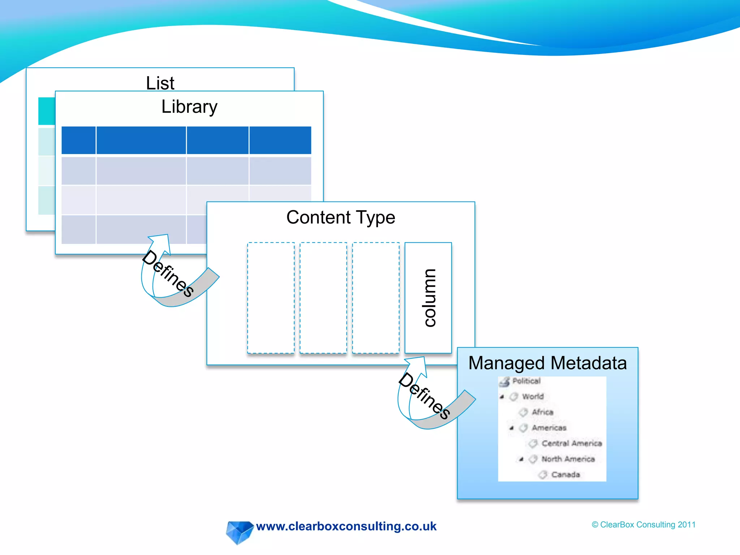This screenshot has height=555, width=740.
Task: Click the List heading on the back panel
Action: pyautogui.click(x=160, y=83)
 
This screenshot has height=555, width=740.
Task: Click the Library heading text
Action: pyautogui.click(x=189, y=107)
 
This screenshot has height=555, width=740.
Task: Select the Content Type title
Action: pyautogui.click(x=340, y=218)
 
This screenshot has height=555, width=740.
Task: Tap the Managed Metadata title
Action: pyautogui.click(x=547, y=363)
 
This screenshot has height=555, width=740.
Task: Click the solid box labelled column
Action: pyautogui.click(x=428, y=298)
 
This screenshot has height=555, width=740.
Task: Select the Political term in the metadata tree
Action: pyautogui.click(x=526, y=381)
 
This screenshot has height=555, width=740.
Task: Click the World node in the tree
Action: pyautogui.click(x=533, y=397)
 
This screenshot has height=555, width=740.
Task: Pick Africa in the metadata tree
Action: pyautogui.click(x=542, y=412)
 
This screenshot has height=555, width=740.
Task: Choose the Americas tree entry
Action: pyautogui.click(x=548, y=428)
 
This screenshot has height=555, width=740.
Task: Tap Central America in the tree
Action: pyautogui.click(x=571, y=443)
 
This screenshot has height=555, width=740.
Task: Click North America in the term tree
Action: pyautogui.click(x=568, y=459)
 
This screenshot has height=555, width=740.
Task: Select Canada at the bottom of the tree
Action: pyautogui.click(x=565, y=475)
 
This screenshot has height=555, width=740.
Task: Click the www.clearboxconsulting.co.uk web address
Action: pyautogui.click(x=346, y=526)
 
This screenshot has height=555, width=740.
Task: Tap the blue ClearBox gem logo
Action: pyautogui.click(x=239, y=532)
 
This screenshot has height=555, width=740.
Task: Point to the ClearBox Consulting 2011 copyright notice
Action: pyautogui.click(x=644, y=525)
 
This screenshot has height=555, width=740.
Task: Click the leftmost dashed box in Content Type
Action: pyautogui.click(x=271, y=298)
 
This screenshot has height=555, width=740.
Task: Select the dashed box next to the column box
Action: pyautogui.click(x=376, y=298)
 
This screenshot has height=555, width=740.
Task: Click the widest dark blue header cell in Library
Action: pyautogui.click(x=141, y=140)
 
